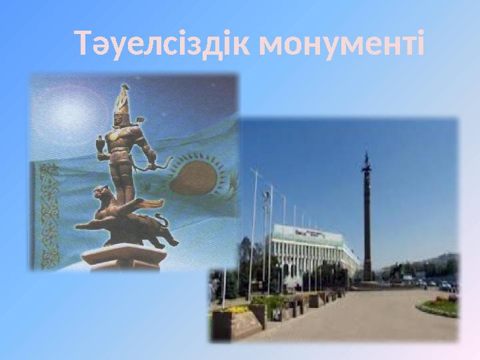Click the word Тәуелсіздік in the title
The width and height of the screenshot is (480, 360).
click(x=163, y=44)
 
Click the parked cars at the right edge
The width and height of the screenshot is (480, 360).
click(x=445, y=286)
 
